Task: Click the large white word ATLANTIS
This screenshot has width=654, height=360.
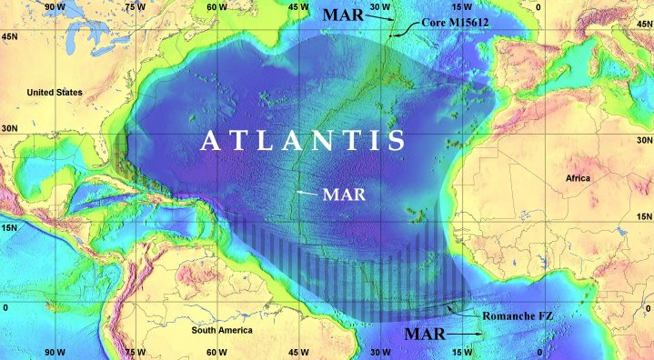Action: click(x=302, y=141)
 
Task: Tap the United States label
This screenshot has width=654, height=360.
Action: click(x=55, y=93)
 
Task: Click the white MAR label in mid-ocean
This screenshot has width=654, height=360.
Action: click(x=342, y=195)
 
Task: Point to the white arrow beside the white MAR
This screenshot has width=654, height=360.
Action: click(x=307, y=194)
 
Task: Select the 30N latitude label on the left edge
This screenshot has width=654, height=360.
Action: click(x=11, y=130)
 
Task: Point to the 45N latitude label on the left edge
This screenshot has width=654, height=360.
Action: click(x=11, y=36)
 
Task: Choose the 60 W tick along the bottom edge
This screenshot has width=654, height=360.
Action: click(x=216, y=352)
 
